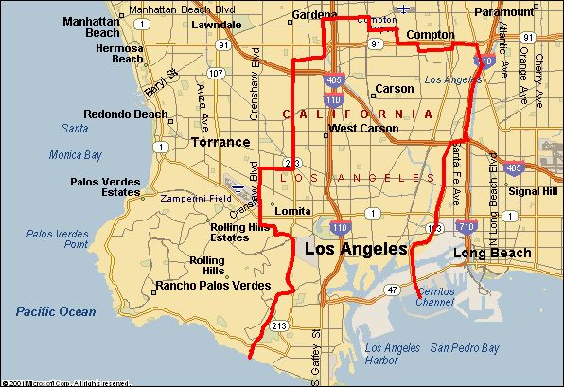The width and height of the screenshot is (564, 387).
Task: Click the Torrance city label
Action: click(x=220, y=142)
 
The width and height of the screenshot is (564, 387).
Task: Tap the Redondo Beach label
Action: click(x=125, y=114)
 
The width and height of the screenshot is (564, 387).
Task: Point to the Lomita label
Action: click(x=291, y=210)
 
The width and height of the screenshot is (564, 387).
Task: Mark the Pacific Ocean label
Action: click(x=56, y=311)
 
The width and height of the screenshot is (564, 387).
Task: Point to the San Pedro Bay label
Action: click(x=465, y=348)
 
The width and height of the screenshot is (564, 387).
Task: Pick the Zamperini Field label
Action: click(x=195, y=199)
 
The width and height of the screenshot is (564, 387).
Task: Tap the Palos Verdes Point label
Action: click(x=56, y=237)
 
